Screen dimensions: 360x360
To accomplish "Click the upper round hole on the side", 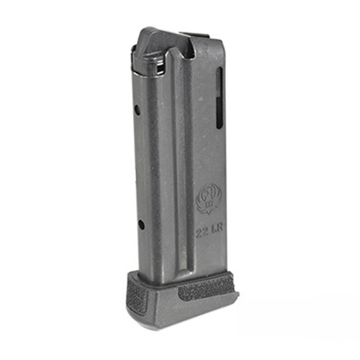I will [137, 109].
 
